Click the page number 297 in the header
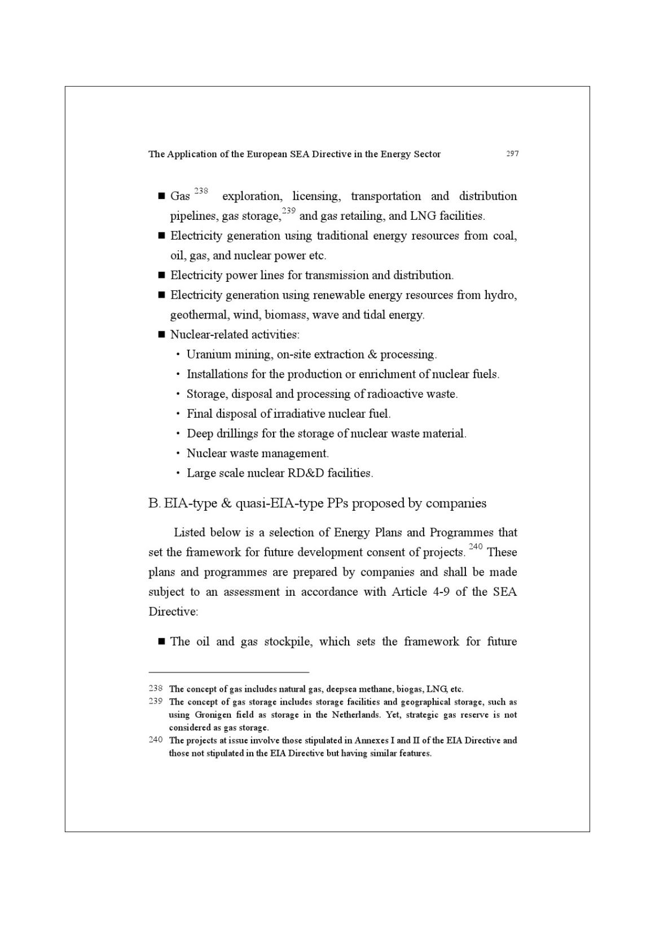coord(512,154)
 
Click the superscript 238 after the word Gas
coord(201,191)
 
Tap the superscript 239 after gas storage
coord(289,211)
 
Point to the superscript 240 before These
coord(476,547)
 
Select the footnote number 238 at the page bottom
coord(156,688)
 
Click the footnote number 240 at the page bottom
coord(156,740)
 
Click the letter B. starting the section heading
coord(154,503)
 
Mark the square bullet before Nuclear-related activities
coord(161,335)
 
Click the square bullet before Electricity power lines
coord(161,276)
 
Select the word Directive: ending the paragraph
coord(173,612)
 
